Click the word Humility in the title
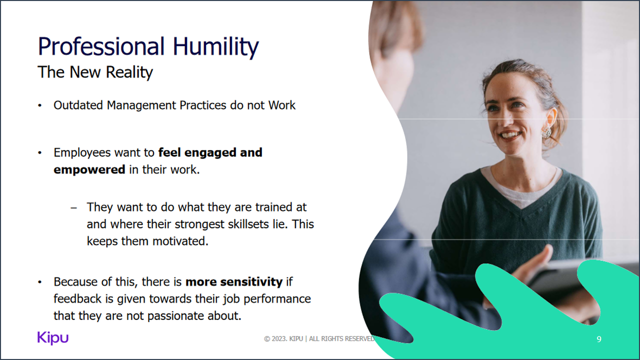215,47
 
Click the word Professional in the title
101,47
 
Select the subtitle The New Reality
95,72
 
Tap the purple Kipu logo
52,338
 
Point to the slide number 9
599,339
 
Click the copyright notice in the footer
319,339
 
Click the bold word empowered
89,169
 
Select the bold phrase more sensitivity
234,282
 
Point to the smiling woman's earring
546,131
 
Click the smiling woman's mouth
511,135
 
